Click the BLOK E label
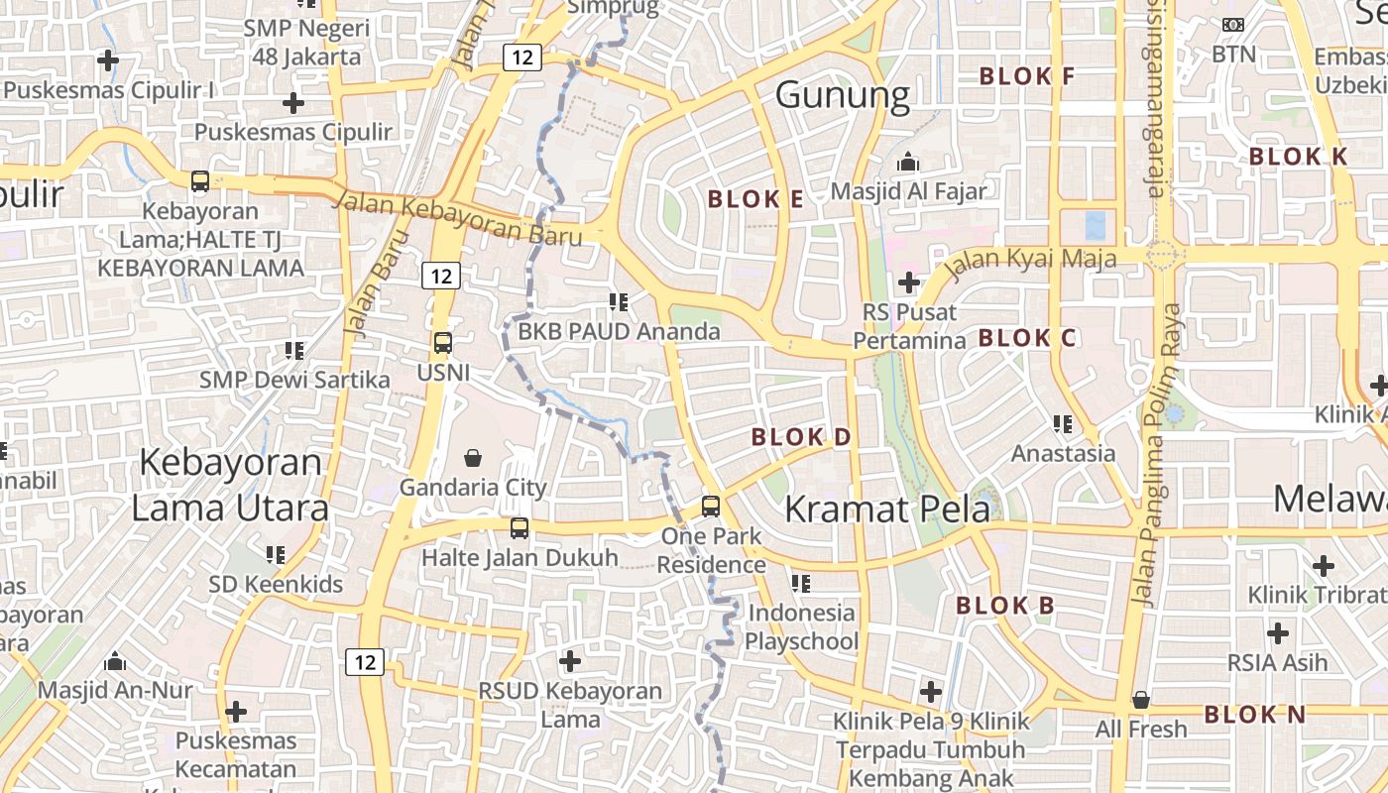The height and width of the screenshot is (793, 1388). pos(754,199)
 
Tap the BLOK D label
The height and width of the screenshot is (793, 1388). pos(801,437)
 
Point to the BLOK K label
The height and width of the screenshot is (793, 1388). pos(1298,157)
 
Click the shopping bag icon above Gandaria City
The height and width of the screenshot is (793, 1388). pos(473,458)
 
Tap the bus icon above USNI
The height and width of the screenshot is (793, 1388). pos(442,343)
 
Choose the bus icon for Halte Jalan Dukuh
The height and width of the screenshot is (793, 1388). pos(520,528)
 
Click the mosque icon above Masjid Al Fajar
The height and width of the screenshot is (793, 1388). pos(907,163)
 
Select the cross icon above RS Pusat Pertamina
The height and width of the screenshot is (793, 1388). pos(908,283)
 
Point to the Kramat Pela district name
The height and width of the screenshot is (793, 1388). pos(886,510)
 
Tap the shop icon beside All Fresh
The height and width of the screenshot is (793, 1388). pos(1141,701)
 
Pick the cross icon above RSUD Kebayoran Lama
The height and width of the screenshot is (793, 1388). pos(570,661)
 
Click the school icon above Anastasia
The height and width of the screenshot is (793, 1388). pos(1063,424)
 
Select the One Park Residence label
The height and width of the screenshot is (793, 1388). pos(712,551)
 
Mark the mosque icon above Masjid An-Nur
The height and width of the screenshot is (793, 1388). pos(115,661)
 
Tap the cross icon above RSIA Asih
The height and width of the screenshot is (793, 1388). pos(1278,632)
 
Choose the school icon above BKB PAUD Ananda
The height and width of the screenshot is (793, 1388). pos(620,301)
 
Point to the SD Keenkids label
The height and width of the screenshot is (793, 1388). pos(276,584)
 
